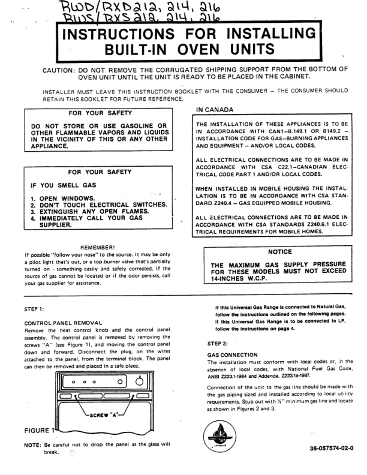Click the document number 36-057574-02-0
coord(332,448)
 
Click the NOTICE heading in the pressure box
coord(279,252)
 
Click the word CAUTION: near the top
coord(58,70)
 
